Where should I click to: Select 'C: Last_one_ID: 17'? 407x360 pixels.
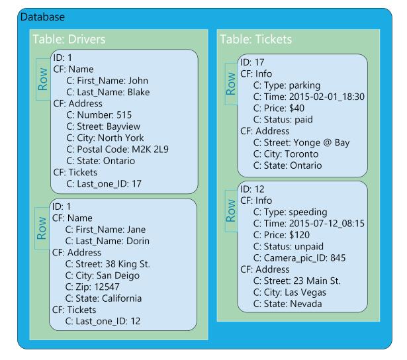[x=105, y=183]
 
